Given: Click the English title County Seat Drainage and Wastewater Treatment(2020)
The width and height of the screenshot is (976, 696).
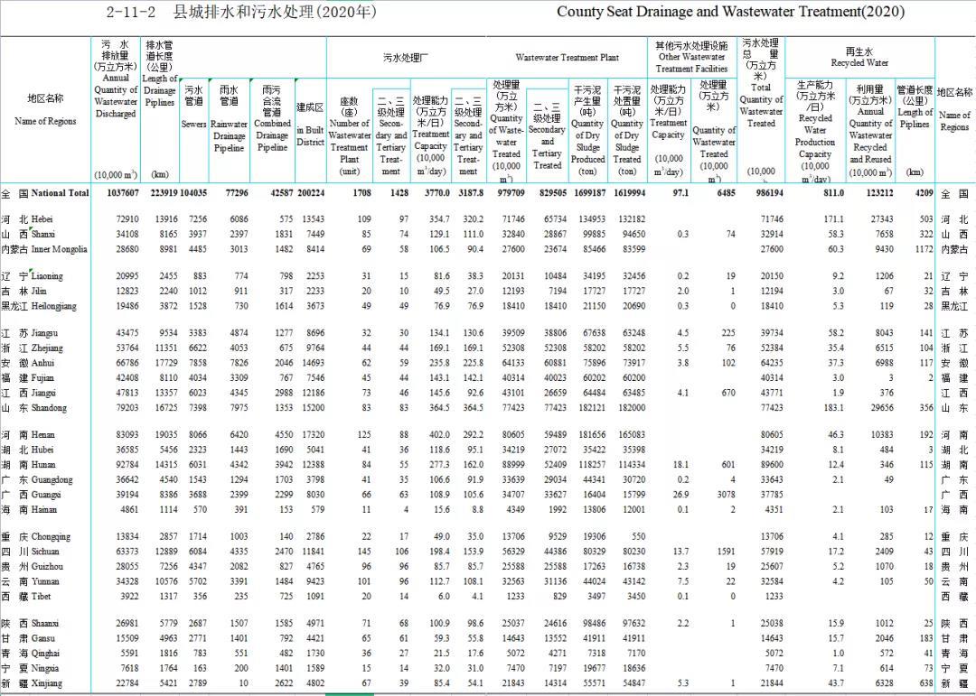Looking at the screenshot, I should pos(730,12).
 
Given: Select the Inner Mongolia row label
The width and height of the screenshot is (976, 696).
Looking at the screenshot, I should pos(44,249).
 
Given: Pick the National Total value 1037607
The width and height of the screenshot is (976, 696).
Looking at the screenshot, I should pos(116,193).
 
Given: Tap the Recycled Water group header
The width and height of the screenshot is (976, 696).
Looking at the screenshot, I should pos(859,57).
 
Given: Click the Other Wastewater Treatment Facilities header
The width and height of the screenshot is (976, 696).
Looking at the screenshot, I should pos(691,57).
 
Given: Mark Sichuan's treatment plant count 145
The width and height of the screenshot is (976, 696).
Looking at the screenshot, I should pos(363,551).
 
